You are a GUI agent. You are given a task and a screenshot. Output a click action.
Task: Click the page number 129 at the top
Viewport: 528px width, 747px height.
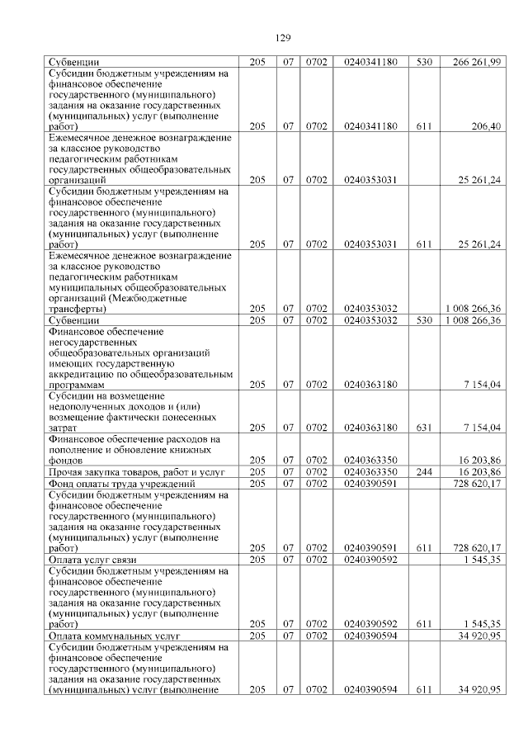281,38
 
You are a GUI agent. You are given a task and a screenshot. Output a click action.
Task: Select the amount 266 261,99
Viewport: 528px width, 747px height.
478,62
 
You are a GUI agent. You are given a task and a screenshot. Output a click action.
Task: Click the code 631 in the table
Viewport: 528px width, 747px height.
425,428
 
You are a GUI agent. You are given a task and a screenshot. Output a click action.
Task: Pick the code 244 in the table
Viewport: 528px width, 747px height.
425,471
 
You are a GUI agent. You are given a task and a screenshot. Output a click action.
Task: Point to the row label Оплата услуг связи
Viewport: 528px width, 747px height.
92,560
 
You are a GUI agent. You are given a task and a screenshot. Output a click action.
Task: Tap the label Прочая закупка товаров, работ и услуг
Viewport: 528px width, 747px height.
136,471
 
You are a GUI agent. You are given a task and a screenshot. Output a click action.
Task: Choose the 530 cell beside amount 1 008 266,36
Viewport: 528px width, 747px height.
425,319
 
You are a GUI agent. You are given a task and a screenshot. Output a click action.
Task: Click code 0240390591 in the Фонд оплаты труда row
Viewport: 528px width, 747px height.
370,483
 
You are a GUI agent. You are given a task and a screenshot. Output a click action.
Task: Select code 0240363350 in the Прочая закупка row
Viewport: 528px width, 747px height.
370,471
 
